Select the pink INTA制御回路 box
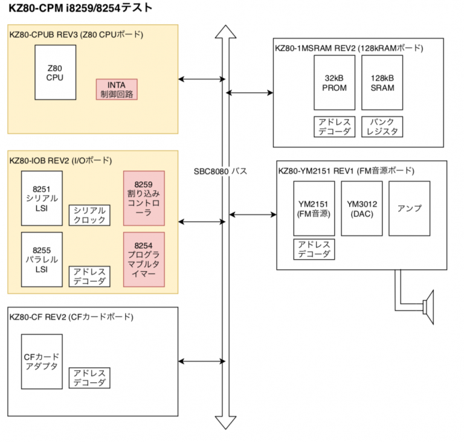[x=117, y=89]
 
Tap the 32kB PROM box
[x=333, y=83]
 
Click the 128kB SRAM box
[x=382, y=83]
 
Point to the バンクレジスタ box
[x=382, y=127]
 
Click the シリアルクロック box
[x=90, y=215]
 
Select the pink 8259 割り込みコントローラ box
[x=144, y=199]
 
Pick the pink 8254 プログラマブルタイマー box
[x=144, y=259]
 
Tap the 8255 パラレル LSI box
[x=41, y=259]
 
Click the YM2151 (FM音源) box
[x=313, y=208]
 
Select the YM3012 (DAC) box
[x=361, y=208]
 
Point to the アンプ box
[x=409, y=208]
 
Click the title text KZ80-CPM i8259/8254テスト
[x=80, y=8]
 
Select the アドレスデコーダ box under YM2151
[x=313, y=249]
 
